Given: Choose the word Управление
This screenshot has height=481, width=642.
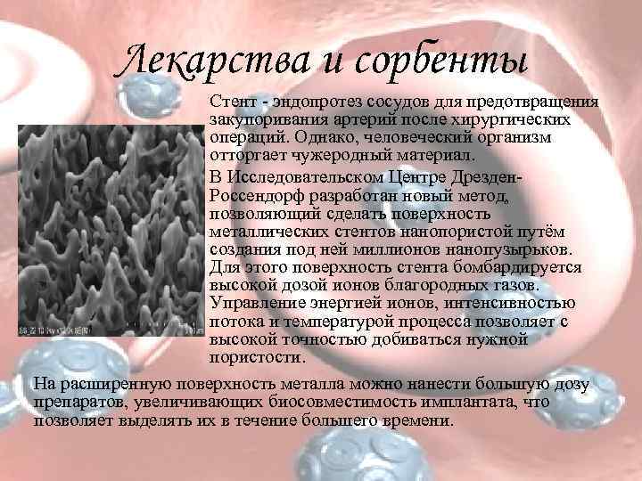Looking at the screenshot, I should pyautogui.click(x=255, y=304).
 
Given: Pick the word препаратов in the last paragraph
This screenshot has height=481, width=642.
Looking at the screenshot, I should pyautogui.click(x=74, y=403).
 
